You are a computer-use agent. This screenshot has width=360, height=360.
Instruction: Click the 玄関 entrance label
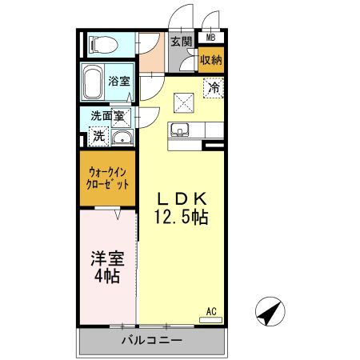pyautogui.click(x=181, y=42)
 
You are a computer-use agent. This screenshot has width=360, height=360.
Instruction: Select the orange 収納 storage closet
pyautogui.click(x=211, y=58)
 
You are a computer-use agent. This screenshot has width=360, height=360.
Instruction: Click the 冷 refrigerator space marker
pyautogui.click(x=214, y=89)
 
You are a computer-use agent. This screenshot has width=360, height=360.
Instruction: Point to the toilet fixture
pyautogui.click(x=102, y=43)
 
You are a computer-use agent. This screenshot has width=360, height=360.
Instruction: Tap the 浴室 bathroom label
pyautogui.click(x=119, y=81)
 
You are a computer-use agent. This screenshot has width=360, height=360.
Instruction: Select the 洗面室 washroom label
pyautogui.click(x=107, y=116)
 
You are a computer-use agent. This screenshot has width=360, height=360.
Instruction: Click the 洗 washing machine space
pyautogui.click(x=98, y=137)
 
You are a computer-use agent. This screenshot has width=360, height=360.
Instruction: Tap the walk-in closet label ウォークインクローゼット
pyautogui.click(x=107, y=177)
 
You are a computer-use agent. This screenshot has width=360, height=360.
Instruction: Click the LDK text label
pyautogui.click(x=182, y=199)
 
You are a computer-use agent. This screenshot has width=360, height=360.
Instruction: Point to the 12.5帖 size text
pyautogui.click(x=182, y=217)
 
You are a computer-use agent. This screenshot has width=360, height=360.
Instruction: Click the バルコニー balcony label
pyautogui.click(x=152, y=340)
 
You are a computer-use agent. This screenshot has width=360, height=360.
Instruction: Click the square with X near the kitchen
pyautogui.click(x=184, y=101)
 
